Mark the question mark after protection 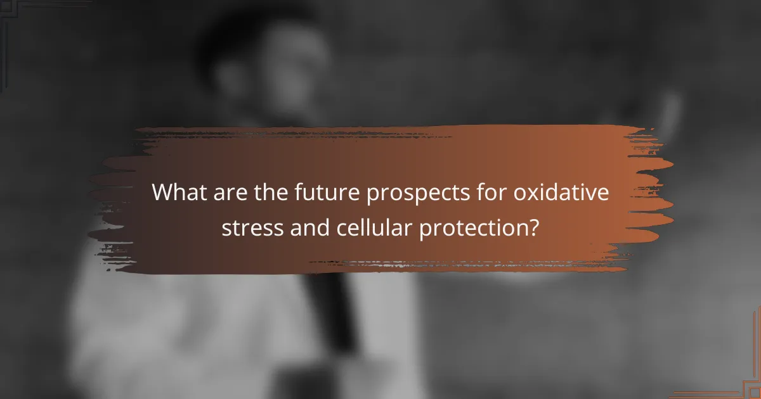(532, 226)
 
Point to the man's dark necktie (330, 304)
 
